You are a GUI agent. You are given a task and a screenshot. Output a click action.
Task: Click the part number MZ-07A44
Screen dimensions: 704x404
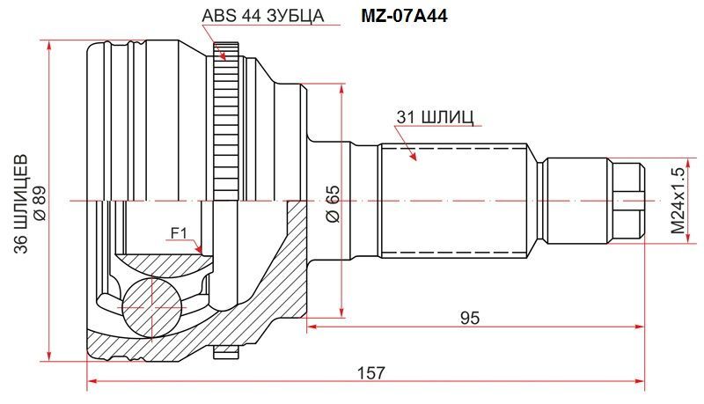[404, 16]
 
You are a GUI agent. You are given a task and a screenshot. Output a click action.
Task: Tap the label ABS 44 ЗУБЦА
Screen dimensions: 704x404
[262, 16]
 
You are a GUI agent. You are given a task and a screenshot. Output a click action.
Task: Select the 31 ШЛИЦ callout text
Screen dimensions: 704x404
[435, 117]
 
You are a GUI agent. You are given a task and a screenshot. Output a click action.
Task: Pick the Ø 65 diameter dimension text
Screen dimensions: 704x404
[334, 203]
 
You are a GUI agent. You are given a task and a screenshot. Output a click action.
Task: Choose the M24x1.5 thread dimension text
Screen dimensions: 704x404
[678, 201]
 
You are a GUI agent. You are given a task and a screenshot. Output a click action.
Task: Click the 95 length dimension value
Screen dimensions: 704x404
[470, 318]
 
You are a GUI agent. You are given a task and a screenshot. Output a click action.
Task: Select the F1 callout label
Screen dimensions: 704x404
[179, 233]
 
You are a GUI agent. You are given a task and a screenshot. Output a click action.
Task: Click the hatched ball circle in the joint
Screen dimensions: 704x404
[152, 307]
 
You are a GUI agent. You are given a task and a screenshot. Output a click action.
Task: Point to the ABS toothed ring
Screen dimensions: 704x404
[225, 121]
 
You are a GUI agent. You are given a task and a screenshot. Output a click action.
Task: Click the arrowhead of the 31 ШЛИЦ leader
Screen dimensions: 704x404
[416, 160]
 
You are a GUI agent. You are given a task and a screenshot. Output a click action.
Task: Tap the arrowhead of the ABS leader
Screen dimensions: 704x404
[225, 61]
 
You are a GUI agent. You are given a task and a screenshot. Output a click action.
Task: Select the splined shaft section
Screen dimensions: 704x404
[453, 201]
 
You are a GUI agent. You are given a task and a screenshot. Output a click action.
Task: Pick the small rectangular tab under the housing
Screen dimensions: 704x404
[225, 352]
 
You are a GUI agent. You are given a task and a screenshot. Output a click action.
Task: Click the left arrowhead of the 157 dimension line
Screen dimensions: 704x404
[92, 381]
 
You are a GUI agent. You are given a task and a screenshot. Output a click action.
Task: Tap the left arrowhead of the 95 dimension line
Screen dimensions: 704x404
[312, 327]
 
